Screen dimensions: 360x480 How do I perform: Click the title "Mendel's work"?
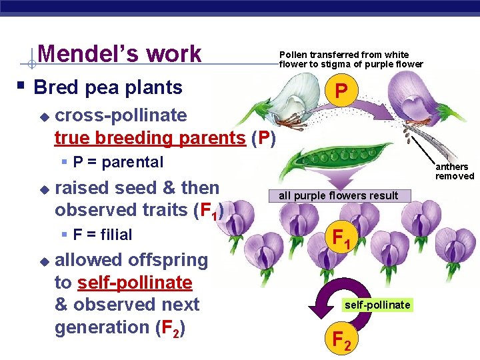click(120, 53)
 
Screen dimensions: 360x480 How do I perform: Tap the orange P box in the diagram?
click(341, 90)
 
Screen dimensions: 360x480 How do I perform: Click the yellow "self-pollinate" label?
click(377, 305)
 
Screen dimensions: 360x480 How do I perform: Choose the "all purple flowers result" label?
click(338, 195)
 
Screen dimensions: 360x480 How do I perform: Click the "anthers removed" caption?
click(455, 171)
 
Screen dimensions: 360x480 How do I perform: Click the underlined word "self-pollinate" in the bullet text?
click(135, 283)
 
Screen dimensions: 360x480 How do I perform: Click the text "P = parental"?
click(118, 162)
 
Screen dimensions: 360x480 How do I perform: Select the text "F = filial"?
click(103, 235)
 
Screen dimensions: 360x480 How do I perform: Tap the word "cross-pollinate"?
click(121, 115)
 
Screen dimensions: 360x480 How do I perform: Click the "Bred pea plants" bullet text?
click(108, 87)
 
